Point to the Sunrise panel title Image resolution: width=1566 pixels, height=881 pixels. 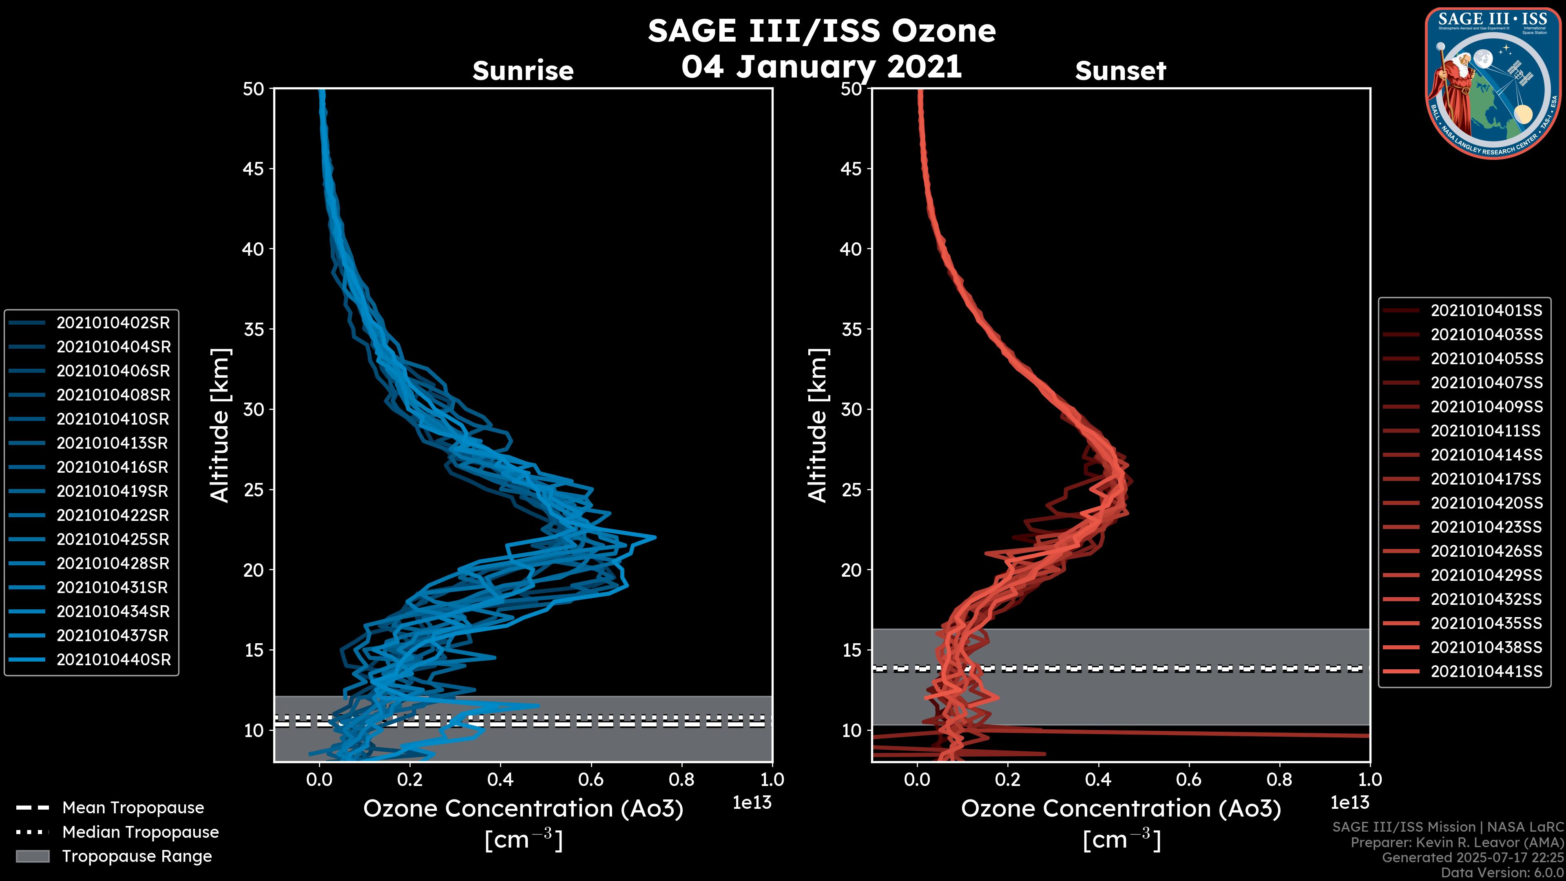[x=523, y=71]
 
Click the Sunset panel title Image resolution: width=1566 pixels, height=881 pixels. [x=1120, y=71]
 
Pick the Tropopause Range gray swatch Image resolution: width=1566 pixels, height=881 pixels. [x=32, y=856]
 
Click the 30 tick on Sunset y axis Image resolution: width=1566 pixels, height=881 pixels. [x=851, y=409]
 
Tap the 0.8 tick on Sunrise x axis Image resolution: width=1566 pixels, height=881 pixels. [x=681, y=779]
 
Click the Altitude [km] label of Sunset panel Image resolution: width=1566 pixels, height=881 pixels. [x=818, y=425]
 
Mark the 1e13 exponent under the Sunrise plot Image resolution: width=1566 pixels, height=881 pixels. [x=752, y=803]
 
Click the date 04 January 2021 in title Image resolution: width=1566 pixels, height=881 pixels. [x=821, y=67]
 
